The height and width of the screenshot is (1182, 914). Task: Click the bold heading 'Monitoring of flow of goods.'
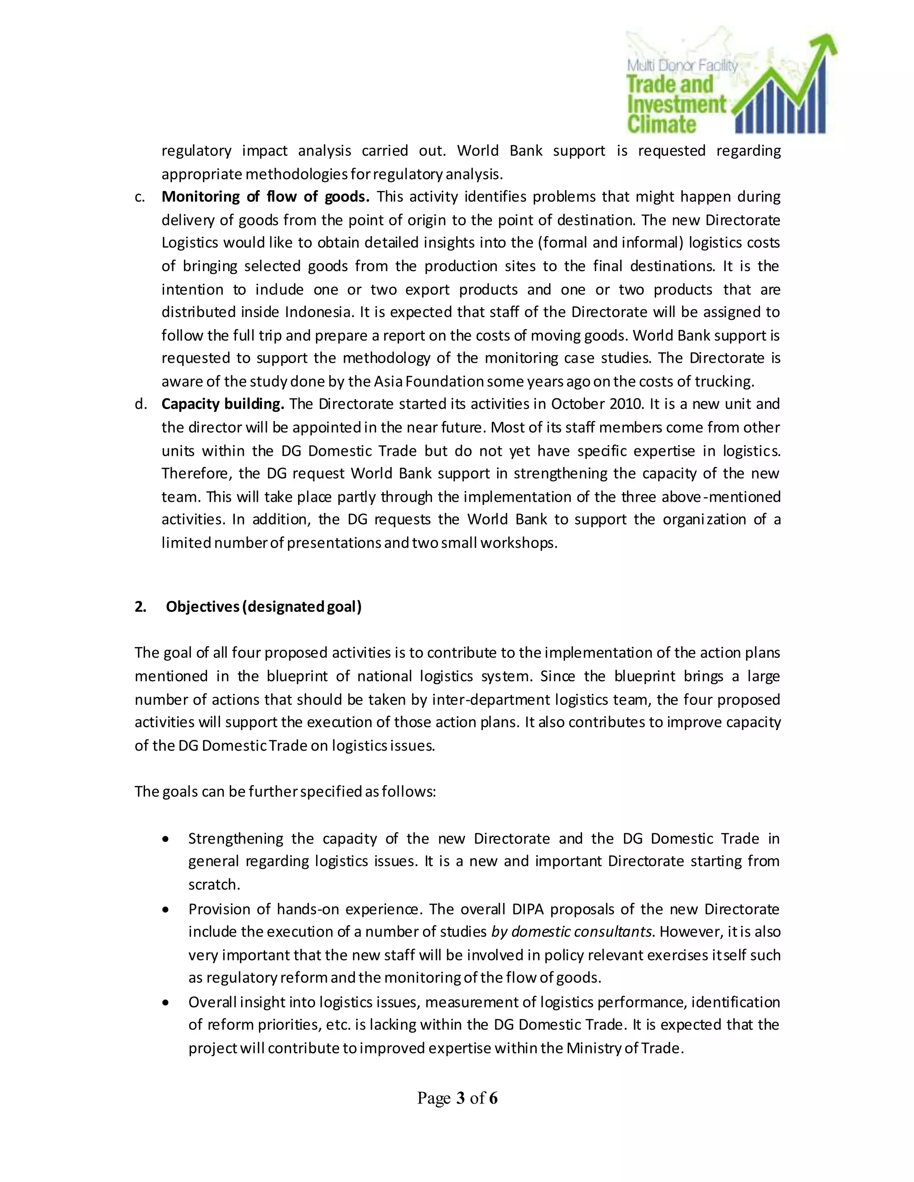266,196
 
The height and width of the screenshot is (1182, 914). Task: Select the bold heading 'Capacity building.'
223,404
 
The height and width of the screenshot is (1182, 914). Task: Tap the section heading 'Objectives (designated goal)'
263,607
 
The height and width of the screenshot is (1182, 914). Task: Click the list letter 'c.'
140,197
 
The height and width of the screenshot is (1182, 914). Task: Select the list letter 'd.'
140,404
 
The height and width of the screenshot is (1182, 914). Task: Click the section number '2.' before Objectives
140,607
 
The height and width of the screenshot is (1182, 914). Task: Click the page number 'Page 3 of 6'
457,1098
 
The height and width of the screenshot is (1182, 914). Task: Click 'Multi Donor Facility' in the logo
682,66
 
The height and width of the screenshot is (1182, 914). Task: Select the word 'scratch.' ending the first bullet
214,885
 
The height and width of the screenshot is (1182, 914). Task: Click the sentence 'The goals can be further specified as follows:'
285,792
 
